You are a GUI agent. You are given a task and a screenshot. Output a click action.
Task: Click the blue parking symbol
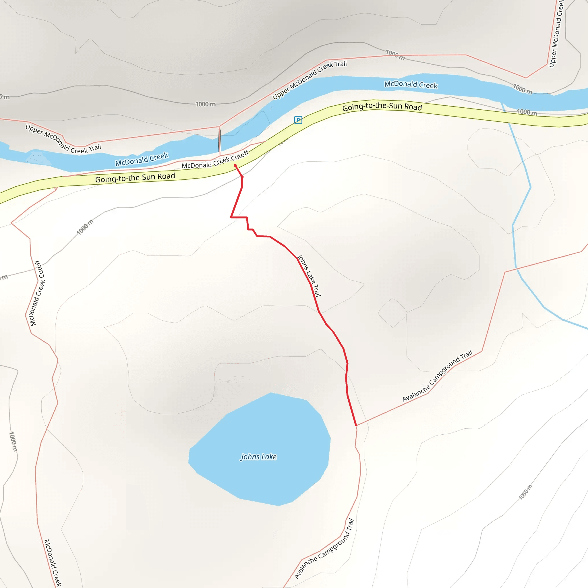[298, 120]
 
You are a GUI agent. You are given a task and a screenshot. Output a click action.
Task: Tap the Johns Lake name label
[259, 457]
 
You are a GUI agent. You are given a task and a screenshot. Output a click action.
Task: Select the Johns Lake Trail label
[309, 276]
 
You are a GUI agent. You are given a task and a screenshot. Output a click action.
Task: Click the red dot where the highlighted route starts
[235, 166]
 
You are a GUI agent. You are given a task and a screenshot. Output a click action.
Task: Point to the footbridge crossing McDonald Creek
[219, 141]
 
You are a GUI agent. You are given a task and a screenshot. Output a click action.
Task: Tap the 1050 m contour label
[526, 492]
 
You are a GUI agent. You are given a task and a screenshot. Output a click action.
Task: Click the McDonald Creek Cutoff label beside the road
[215, 161]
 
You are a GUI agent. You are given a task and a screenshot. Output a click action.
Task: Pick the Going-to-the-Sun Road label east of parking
[382, 107]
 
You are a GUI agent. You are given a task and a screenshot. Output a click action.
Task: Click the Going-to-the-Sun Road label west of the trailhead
[135, 178]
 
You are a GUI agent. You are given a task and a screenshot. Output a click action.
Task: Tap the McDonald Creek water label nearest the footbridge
[142, 159]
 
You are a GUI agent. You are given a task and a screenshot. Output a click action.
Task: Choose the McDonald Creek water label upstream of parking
[411, 85]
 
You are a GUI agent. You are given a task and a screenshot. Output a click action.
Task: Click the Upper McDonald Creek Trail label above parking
[310, 80]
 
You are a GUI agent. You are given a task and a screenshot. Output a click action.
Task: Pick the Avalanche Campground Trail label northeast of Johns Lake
[438, 376]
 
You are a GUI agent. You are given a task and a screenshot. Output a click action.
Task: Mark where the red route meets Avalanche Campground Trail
[356, 425]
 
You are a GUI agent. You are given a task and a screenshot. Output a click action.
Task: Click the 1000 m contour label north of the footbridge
[206, 105]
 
